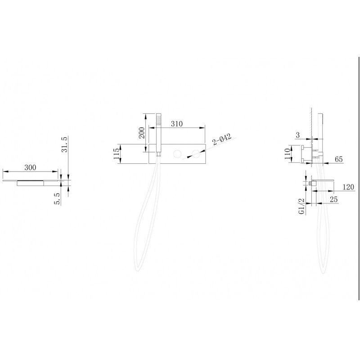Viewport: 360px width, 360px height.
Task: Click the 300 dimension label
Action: tap(30, 167)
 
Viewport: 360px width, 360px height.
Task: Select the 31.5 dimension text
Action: tap(64, 144)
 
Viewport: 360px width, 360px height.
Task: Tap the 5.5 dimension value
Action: tap(57, 198)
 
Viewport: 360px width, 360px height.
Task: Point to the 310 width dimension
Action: tap(177, 124)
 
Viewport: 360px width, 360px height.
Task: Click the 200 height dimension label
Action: tap(142, 133)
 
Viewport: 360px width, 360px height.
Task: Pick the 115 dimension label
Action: tap(117, 153)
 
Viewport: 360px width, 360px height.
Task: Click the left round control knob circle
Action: tap(177, 154)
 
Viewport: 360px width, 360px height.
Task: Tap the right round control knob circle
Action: tap(196, 154)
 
